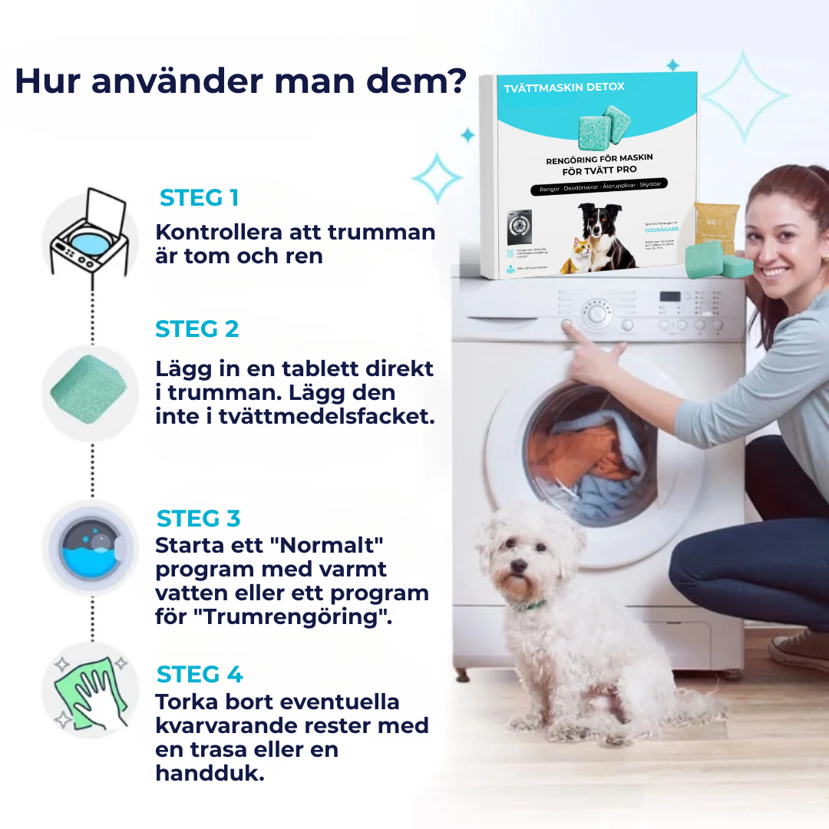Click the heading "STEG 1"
(x=199, y=198)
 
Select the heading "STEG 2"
(x=197, y=329)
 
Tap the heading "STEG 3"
(x=199, y=519)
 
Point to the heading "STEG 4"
(x=200, y=675)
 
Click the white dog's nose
(x=518, y=566)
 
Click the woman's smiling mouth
(x=774, y=272)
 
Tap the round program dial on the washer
(x=596, y=314)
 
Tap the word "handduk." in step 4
(x=210, y=773)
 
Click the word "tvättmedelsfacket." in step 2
(x=316, y=417)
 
